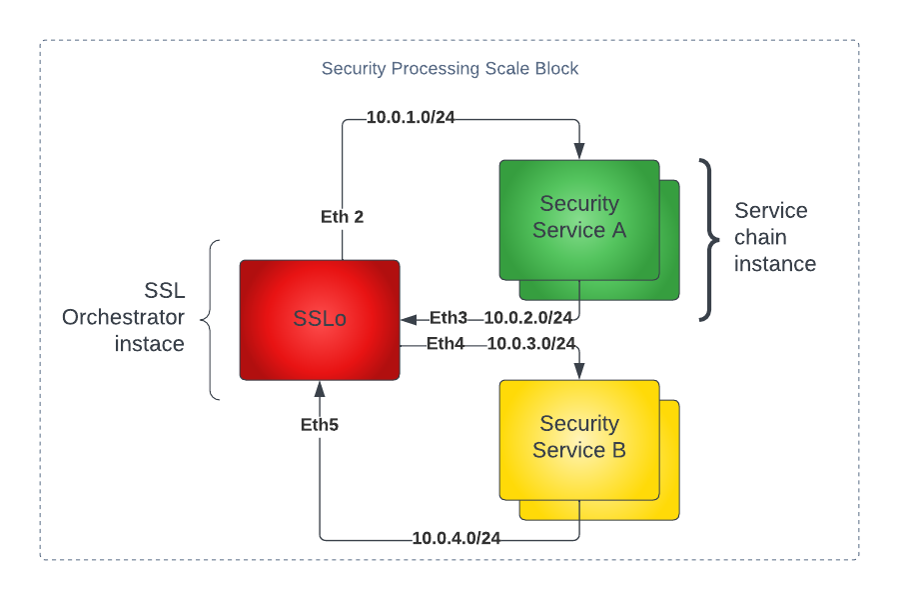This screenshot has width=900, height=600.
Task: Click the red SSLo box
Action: tap(319, 320)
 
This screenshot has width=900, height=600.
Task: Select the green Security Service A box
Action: tap(578, 218)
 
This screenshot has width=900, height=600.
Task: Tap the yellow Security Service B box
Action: tap(578, 438)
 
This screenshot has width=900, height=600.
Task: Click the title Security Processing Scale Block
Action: tap(450, 69)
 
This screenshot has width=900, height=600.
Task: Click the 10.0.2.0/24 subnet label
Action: tap(527, 319)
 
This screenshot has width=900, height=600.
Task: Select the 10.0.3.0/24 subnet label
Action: tap(530, 344)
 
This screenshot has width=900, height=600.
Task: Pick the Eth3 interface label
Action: tap(449, 319)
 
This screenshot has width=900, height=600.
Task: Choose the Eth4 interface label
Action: tap(446, 344)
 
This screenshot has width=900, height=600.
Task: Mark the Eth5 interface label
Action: tap(320, 425)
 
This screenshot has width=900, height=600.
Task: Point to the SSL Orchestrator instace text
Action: tap(124, 317)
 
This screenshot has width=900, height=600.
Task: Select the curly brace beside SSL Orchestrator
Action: tap(210, 320)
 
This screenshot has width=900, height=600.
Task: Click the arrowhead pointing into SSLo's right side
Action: tap(409, 320)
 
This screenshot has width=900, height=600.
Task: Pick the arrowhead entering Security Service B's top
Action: tap(579, 372)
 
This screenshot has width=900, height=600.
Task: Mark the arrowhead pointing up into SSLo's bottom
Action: tap(320, 388)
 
